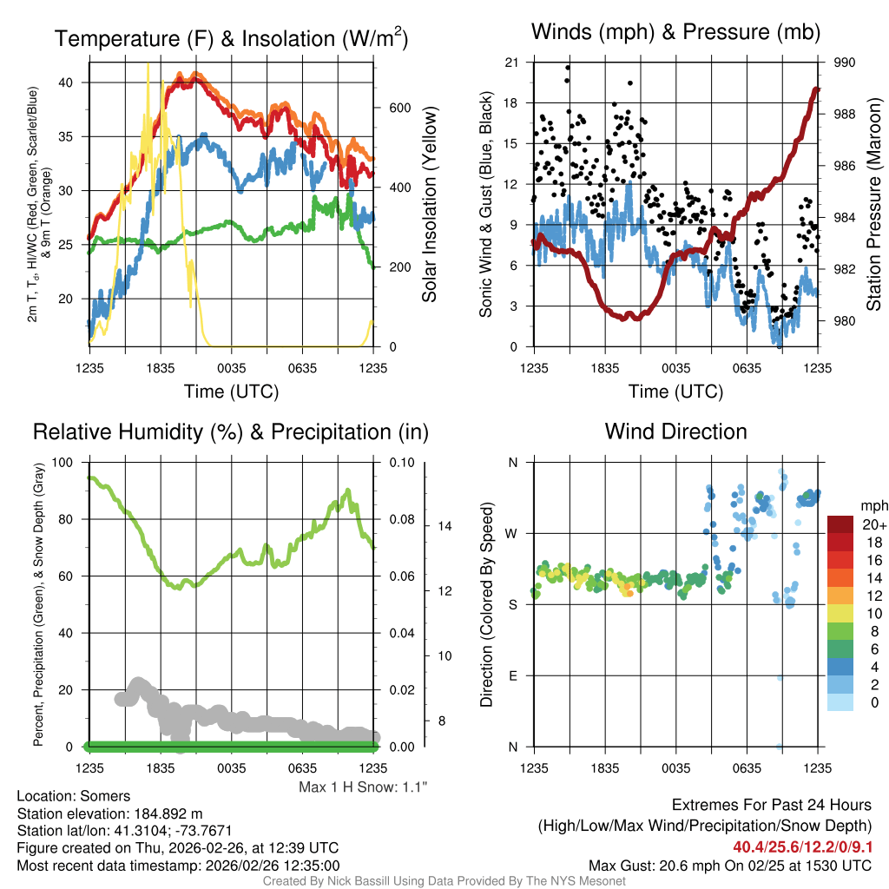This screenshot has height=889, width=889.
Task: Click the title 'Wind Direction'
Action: click(675, 431)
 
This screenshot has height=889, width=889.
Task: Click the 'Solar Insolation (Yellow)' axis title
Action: click(429, 205)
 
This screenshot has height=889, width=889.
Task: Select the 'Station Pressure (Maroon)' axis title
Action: click(874, 204)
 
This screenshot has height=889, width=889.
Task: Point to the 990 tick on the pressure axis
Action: click(845, 63)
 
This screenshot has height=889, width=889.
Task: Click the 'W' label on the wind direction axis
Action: click(512, 533)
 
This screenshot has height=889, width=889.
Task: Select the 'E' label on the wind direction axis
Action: click(513, 675)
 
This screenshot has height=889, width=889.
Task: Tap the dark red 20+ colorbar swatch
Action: click(842, 524)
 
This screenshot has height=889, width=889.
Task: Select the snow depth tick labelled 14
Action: click(443, 526)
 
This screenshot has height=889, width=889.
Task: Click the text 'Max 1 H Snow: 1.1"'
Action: click(362, 787)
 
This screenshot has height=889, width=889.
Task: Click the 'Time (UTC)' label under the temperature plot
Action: click(232, 392)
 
